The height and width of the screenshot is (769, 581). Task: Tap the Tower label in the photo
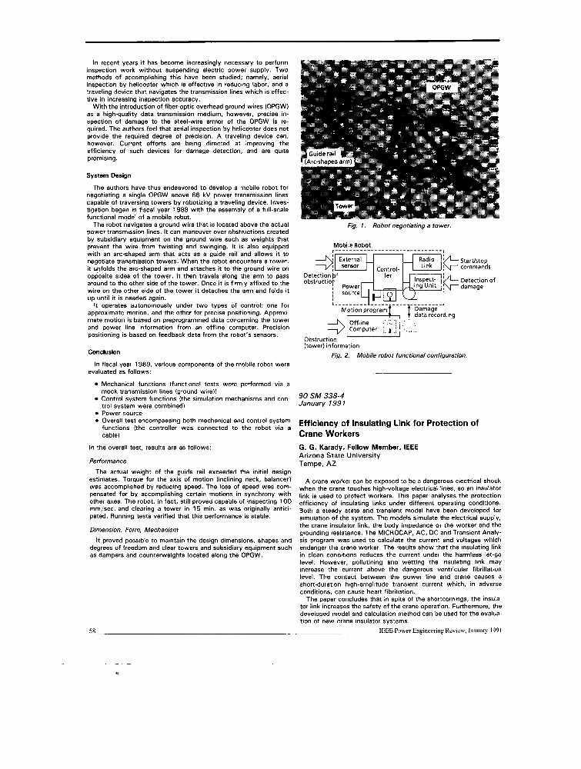tap(344, 207)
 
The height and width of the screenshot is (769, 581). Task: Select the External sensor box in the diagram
tap(350, 263)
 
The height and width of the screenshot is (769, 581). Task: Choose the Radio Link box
tap(427, 263)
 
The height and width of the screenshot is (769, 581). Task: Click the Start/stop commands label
tap(480, 264)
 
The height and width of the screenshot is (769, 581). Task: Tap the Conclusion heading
tap(103, 352)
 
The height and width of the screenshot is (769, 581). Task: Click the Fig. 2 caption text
tap(399, 357)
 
